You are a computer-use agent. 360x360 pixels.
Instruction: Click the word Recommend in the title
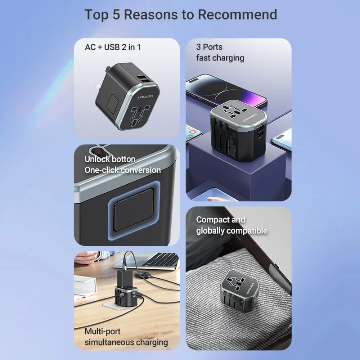(x=237, y=14)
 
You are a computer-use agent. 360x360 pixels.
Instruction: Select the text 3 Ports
(x=209, y=47)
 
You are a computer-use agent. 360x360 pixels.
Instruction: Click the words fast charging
(x=220, y=58)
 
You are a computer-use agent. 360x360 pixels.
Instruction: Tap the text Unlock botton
(x=110, y=159)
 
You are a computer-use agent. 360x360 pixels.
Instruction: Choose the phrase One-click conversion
(x=122, y=170)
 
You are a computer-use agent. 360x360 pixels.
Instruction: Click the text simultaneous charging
(x=126, y=342)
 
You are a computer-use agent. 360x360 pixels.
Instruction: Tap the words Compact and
(x=221, y=220)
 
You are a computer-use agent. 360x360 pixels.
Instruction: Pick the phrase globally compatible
(x=232, y=231)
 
